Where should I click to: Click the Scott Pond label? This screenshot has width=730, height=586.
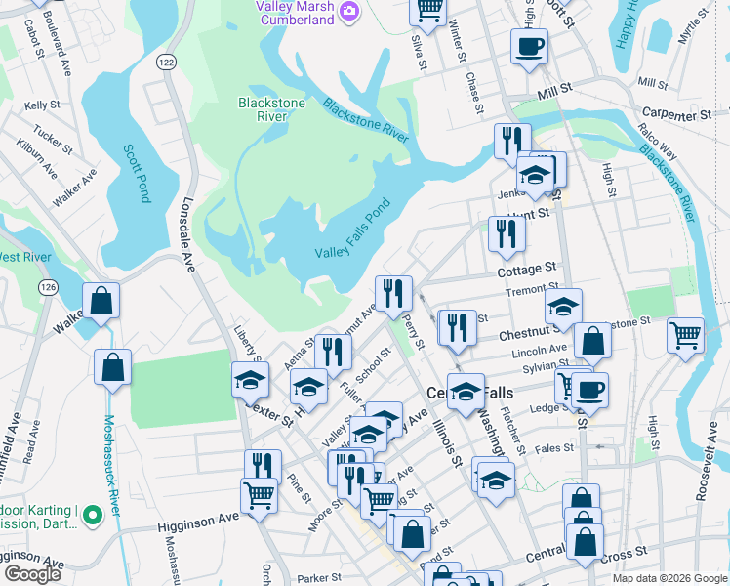click(x=137, y=173)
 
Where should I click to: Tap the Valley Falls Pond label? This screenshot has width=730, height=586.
click(x=352, y=230)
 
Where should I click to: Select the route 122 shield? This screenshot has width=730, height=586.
click(x=166, y=62)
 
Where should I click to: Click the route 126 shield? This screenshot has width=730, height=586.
click(x=46, y=287)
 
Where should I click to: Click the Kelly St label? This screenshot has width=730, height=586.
click(x=42, y=105)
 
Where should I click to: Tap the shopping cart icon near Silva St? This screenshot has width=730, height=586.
click(x=428, y=11)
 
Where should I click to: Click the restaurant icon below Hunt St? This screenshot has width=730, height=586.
click(x=506, y=233)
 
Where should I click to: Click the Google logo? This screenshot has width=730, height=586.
click(x=32, y=574)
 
